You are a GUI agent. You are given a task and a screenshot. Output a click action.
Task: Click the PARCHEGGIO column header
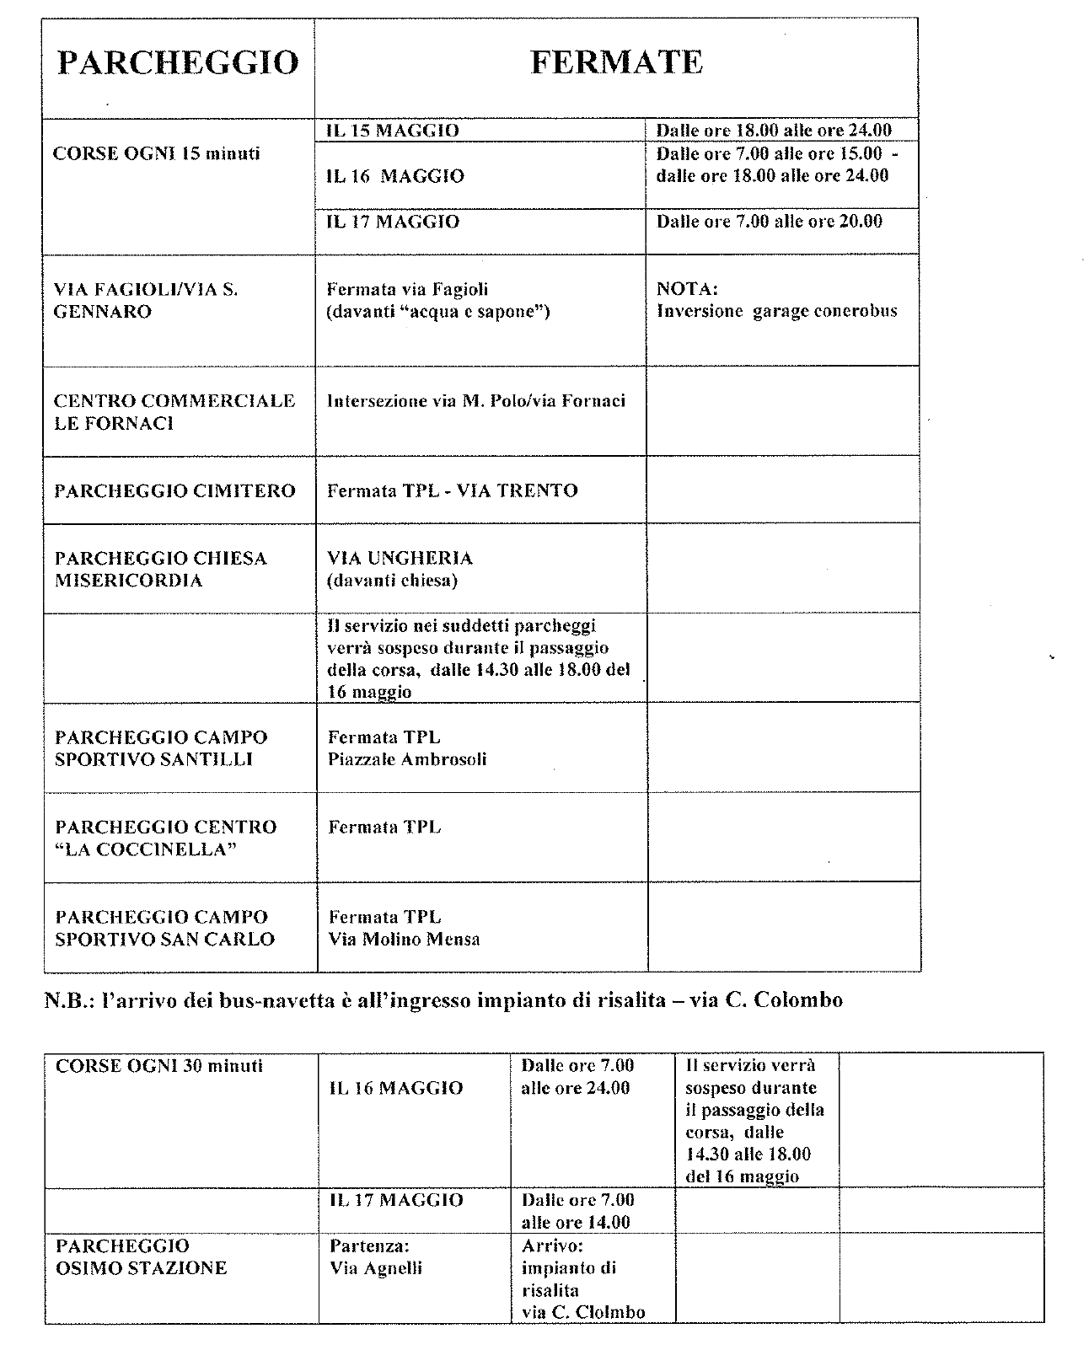pos(178,63)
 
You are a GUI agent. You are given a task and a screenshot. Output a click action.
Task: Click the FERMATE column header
pos(616,62)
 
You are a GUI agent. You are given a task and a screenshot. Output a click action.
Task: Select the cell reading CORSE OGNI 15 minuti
pos(157,153)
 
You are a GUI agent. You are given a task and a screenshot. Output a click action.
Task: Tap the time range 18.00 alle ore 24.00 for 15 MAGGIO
pos(773,131)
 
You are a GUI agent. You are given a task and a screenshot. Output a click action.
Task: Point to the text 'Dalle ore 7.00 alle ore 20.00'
pos(769,221)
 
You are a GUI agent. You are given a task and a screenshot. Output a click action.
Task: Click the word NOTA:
pos(687,289)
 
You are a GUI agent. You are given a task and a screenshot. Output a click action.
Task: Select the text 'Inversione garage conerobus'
pos(776,311)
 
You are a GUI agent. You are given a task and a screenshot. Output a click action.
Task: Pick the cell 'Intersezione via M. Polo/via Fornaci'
pos(476,401)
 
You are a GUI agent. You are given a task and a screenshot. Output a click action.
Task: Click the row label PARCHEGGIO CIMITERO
pos(175,490)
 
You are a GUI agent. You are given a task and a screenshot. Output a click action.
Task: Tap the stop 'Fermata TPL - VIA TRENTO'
pos(453,490)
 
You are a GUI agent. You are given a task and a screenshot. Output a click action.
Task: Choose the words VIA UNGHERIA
pos(400,558)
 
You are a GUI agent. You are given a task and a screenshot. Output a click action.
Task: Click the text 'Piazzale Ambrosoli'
pos(407,759)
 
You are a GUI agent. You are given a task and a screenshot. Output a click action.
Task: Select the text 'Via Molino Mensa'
pos(404,939)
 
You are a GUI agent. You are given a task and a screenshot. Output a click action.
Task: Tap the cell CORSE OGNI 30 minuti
pos(159,1066)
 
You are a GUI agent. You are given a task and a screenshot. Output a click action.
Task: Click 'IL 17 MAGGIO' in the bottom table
pos(396,1200)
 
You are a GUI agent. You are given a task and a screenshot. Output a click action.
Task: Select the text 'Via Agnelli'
pos(376,1268)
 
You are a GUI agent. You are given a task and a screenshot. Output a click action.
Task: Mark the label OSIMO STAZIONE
pos(142,1268)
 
